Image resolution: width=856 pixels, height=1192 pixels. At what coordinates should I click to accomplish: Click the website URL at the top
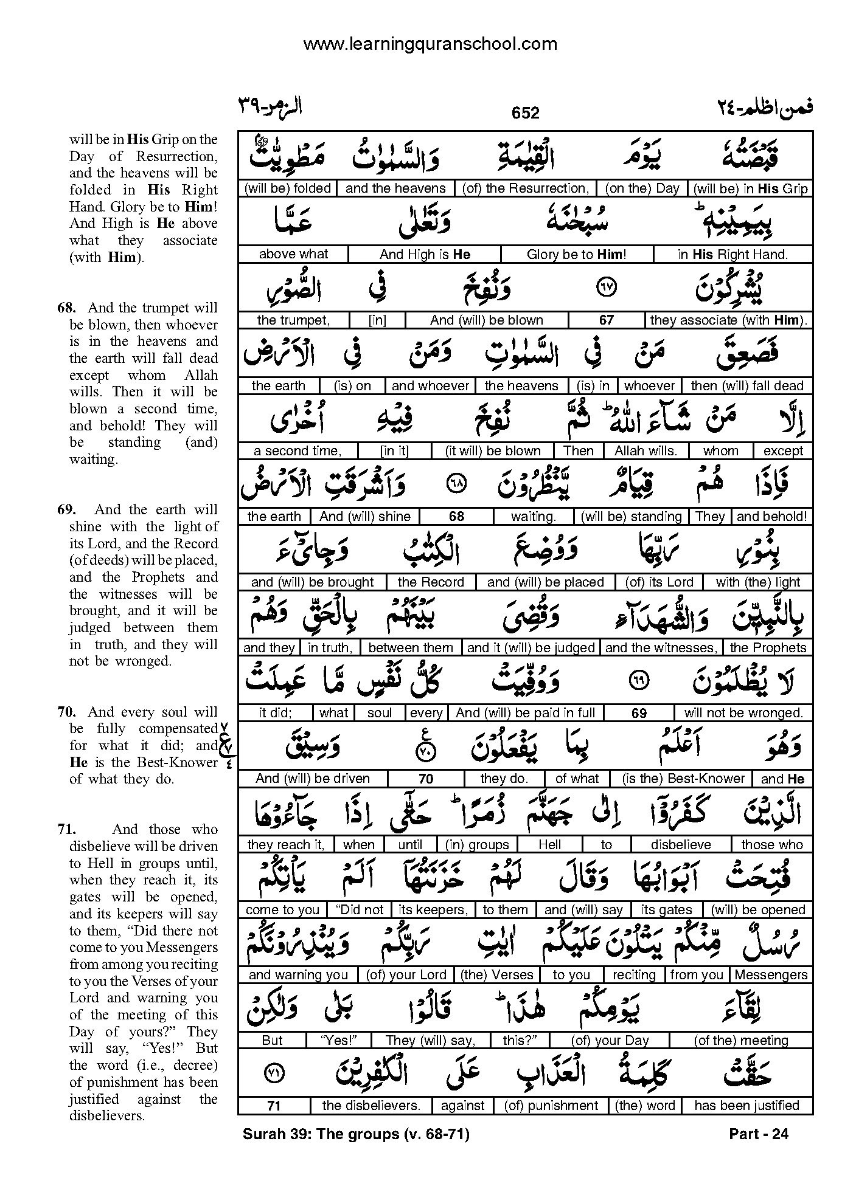pos(430,44)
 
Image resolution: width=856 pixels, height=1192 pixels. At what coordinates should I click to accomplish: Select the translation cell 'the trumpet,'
pos(293,320)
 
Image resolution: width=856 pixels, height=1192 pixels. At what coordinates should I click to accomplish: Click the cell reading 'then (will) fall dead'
pos(747,386)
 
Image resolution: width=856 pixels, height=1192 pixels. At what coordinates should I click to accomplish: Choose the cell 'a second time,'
pos(298,451)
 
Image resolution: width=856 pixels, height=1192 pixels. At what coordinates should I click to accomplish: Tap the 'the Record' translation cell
pos(431,582)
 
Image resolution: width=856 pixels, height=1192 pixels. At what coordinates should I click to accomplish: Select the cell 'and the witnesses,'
pos(661,648)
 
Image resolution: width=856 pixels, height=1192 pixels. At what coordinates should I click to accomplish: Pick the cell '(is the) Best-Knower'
pos(684,779)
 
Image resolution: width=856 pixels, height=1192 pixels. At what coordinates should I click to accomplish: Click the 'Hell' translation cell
pos(549,845)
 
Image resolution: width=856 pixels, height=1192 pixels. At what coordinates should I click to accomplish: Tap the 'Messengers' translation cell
pos(771,975)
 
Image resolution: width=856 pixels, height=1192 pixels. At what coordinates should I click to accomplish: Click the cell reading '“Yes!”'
pos(338,1041)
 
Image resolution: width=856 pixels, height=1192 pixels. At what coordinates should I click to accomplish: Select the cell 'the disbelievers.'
pos(371,1106)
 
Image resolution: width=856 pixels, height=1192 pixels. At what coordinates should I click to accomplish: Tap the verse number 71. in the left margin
pos(65,829)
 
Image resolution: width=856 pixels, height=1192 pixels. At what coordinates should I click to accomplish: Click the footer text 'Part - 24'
pos(757,1134)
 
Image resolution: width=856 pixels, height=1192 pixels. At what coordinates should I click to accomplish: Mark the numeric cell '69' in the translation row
pos(639,713)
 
